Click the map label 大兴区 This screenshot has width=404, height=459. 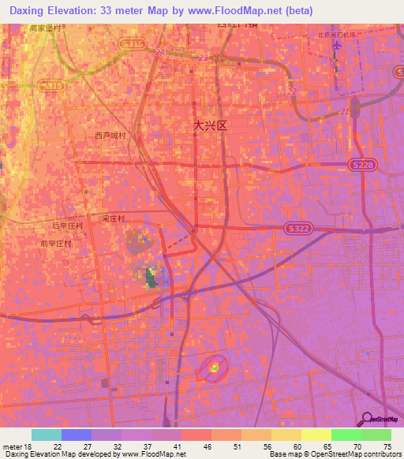(211, 125)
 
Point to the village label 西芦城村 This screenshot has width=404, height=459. (110, 136)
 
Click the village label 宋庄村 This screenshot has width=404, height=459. (114, 218)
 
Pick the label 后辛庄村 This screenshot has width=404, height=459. (67, 226)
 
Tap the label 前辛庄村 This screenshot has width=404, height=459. (57, 244)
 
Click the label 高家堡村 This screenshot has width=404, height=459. (45, 28)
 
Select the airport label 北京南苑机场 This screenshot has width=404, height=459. (335, 35)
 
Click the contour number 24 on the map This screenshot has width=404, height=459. (160, 53)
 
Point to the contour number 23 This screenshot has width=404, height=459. (204, 58)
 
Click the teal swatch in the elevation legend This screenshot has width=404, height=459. (47, 435)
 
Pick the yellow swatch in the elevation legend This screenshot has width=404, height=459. (316, 435)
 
